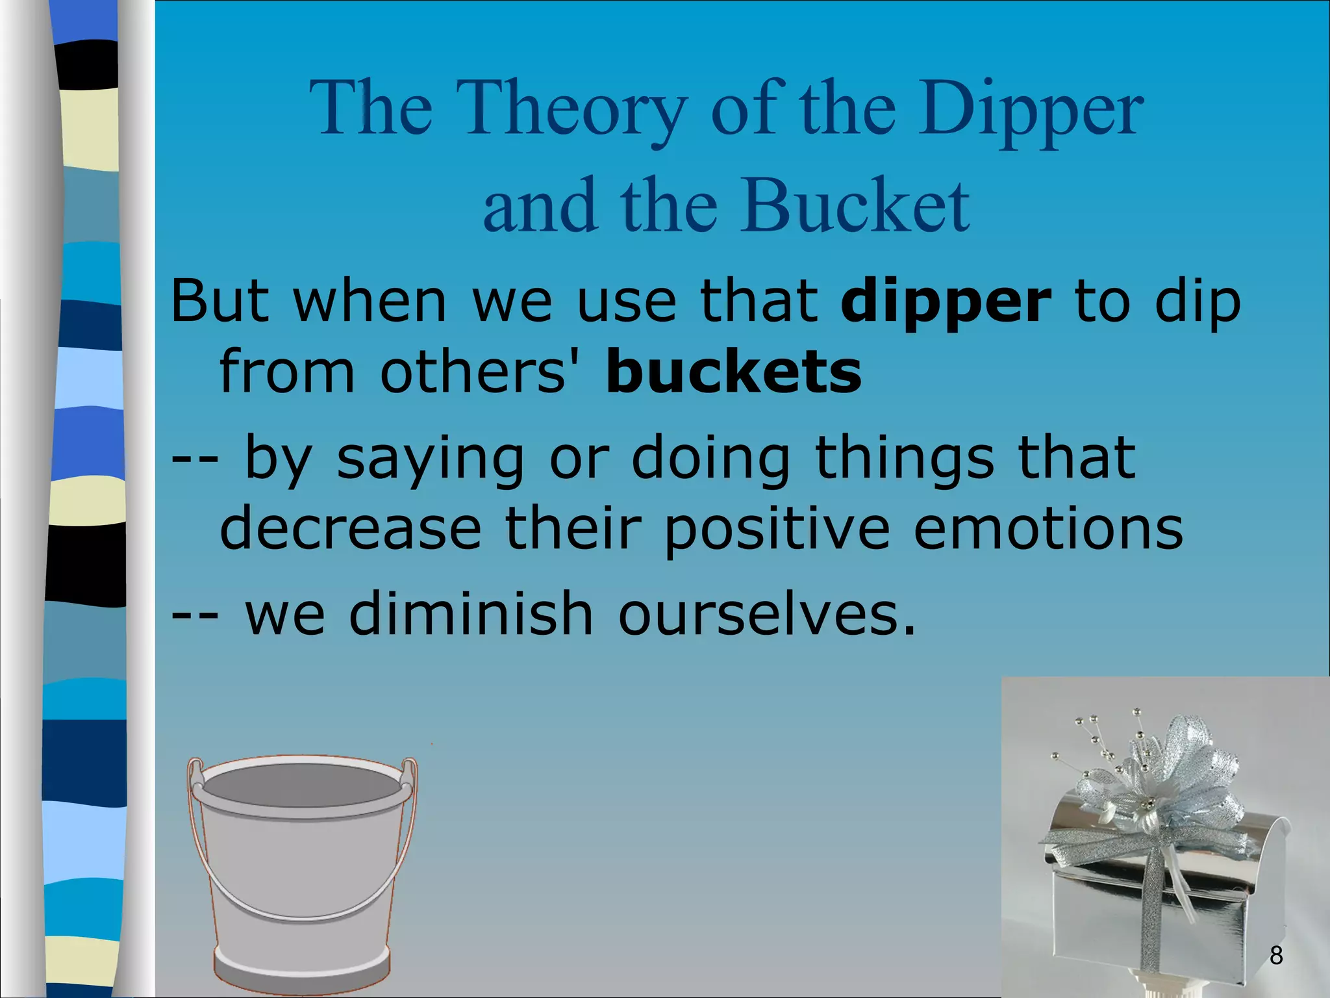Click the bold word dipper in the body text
point(946,302)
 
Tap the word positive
point(777,530)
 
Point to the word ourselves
point(766,614)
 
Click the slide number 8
point(1276,955)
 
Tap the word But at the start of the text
point(220,302)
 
